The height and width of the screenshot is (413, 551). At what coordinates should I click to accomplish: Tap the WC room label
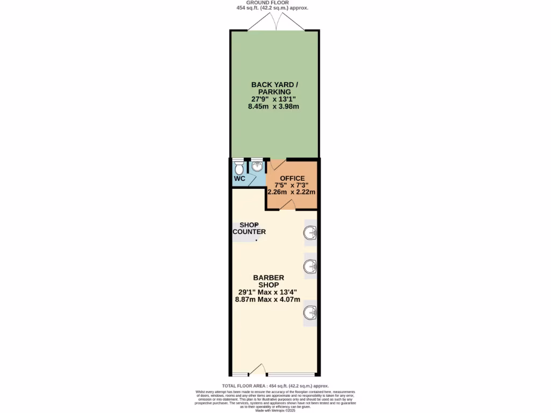click(x=239, y=179)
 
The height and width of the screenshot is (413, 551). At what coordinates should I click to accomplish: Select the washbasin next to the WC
click(x=257, y=165)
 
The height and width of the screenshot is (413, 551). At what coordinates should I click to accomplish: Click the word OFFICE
click(x=292, y=179)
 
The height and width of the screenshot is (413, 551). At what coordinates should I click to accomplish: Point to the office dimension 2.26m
click(x=279, y=191)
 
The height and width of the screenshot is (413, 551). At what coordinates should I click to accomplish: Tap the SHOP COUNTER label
click(x=249, y=229)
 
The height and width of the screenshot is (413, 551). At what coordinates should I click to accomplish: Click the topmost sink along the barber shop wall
click(x=310, y=233)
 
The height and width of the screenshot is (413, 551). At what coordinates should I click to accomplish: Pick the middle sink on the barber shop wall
click(x=310, y=266)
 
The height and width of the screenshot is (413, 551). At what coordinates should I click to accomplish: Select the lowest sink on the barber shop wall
click(x=310, y=312)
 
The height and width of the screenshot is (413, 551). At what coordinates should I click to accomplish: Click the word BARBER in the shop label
click(x=269, y=277)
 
